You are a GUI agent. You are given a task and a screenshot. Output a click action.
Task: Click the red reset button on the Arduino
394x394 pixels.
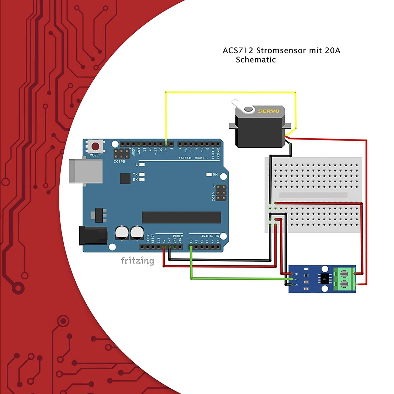coord(95,146)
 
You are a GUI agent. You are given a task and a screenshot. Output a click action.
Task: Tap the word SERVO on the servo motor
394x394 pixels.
coord(268,111)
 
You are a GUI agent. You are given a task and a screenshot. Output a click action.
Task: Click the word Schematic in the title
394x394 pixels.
coord(256,60)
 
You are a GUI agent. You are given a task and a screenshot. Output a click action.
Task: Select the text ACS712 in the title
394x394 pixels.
coord(238,50)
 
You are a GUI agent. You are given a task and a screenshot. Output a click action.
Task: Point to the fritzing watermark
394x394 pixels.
coord(137,261)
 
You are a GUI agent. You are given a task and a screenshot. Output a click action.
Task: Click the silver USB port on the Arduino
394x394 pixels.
coord(86,171)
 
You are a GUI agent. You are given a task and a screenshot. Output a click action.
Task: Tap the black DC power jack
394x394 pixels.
coord(93,236)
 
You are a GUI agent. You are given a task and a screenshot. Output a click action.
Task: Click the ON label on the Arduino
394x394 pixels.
coord(215,174)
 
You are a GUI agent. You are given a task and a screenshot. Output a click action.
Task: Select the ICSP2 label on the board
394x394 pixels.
coord(119,162)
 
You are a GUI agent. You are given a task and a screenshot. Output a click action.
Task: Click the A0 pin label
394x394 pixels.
coord(191,241)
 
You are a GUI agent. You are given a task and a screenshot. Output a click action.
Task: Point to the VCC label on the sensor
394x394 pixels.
coord(296,274)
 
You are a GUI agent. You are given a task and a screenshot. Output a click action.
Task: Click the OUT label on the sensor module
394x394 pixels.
coord(296,279)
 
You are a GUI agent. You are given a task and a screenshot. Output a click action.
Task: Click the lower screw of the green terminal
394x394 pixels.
coord(344,284)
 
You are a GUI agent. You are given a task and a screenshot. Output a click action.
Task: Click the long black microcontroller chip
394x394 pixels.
coord(181,217)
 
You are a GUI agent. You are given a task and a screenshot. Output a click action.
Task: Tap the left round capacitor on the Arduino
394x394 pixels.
coord(122,232)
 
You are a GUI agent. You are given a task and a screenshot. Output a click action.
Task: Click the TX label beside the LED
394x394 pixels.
coord(135,174)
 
